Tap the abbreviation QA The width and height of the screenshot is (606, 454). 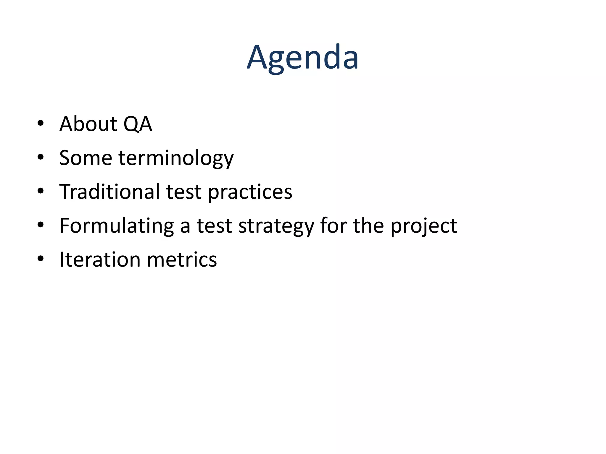coord(138,124)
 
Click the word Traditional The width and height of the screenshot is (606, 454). coord(109,192)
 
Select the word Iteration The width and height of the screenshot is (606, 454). coord(100,260)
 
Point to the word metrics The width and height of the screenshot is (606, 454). coord(182,260)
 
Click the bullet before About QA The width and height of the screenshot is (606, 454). coord(41,123)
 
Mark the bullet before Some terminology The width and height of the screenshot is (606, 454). coord(41,157)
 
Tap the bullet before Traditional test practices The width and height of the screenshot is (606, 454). coord(41,191)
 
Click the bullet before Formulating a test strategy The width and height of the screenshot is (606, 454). coord(41,225)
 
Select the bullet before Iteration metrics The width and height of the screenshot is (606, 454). coord(41,259)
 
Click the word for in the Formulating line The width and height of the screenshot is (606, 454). coord(333,226)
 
